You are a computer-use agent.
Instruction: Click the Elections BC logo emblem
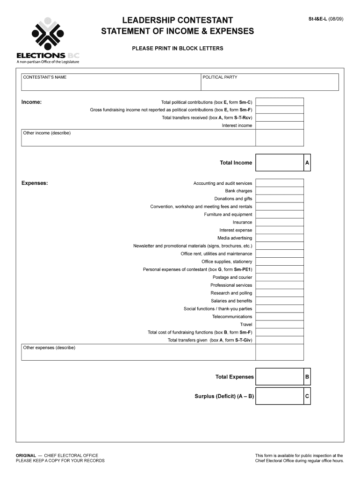(x=47, y=34)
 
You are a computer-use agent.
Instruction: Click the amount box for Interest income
(x=279, y=125)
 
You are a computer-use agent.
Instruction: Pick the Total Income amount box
(x=279, y=162)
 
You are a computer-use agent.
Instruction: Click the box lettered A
(x=307, y=162)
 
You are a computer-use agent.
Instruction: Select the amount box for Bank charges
(x=279, y=191)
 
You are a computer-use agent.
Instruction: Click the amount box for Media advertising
(x=279, y=238)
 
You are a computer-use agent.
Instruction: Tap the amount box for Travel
(x=279, y=324)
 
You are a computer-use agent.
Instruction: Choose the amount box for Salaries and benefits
(x=279, y=301)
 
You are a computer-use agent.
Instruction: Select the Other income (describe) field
(x=138, y=138)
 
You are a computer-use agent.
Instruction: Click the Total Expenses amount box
(x=279, y=377)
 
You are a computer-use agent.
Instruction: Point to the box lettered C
(x=307, y=396)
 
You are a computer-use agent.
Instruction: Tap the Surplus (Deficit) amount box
(x=279, y=396)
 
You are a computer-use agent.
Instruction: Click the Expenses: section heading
(x=35, y=183)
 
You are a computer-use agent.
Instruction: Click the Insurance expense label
(x=242, y=222)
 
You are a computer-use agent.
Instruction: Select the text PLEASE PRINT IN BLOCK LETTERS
(x=177, y=48)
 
